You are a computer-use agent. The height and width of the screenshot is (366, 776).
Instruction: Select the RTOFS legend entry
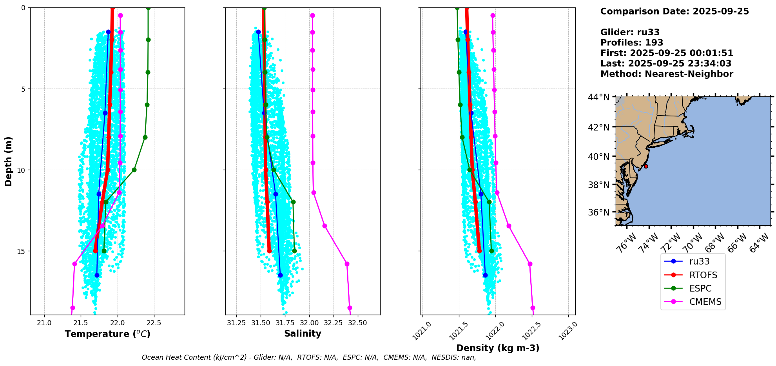703,275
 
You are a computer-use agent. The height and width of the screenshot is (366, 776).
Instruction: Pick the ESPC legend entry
700,288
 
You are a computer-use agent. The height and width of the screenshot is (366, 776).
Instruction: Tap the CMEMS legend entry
705,302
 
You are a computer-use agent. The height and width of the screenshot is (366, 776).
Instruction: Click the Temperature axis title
107,334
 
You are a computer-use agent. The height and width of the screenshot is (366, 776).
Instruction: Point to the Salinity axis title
303,333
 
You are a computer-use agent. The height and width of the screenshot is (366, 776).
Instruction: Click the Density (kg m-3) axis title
498,348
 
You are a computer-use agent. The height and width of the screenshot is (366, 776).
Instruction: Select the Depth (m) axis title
9,161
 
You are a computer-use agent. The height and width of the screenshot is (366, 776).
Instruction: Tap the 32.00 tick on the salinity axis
309,323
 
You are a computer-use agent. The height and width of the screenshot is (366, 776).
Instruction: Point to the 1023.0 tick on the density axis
567,330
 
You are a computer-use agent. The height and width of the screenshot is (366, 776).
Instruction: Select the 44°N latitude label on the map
598,97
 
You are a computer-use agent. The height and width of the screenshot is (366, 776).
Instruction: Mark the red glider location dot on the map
646,166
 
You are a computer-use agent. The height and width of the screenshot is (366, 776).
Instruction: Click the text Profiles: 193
632,43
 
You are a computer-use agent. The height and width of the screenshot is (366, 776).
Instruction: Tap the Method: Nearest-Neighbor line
667,74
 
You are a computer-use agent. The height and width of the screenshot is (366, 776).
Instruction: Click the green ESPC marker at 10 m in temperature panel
134,170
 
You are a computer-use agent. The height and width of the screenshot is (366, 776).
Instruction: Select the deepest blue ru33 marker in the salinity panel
280,275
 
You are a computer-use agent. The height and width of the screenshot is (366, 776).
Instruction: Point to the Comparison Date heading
674,11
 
